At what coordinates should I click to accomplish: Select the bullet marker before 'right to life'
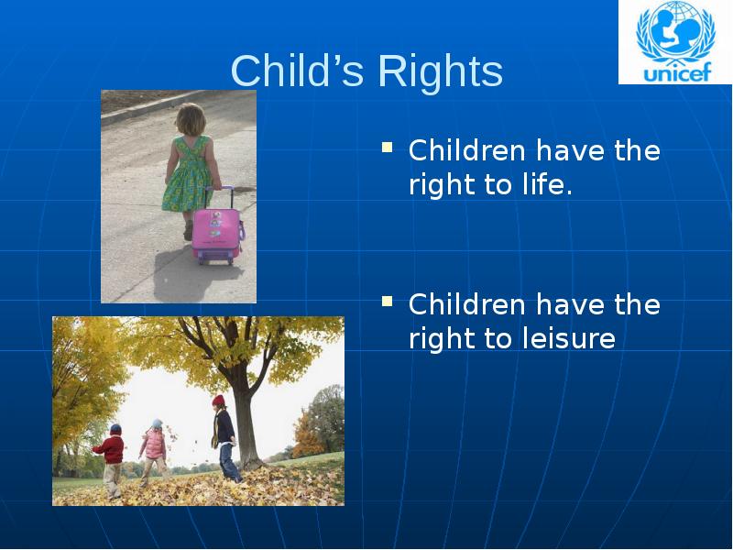pos(388,147)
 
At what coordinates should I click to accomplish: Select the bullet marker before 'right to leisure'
pos(388,300)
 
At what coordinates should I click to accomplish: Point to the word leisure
pos(568,339)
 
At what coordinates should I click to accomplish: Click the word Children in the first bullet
pos(467,150)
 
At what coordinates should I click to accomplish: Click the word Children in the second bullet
pos(467,303)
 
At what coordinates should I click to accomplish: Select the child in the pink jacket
pos(154,445)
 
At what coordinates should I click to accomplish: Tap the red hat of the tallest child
pos(218,401)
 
